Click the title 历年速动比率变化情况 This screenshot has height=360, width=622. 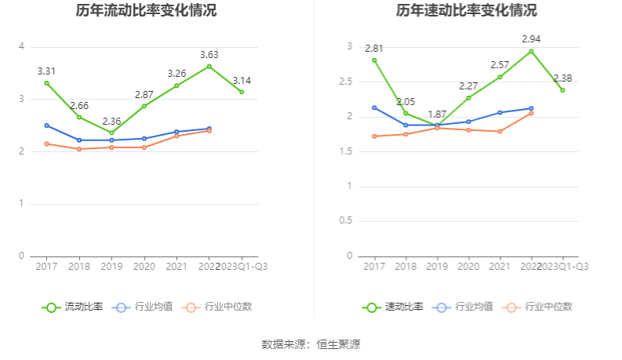(x=467, y=11)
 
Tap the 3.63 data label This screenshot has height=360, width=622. (x=209, y=54)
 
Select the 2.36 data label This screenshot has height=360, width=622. (x=112, y=121)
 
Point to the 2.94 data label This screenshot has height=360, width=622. (x=532, y=38)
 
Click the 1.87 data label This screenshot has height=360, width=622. (x=437, y=114)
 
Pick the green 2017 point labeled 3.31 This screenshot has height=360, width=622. (x=47, y=83)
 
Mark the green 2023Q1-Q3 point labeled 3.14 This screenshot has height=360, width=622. (x=242, y=92)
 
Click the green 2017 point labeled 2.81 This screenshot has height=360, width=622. (x=374, y=60)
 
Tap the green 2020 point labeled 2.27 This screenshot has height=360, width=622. (x=468, y=98)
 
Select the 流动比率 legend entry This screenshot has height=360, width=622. (x=72, y=307)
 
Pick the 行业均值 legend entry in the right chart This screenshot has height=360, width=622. (x=465, y=307)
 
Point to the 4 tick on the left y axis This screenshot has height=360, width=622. (x=21, y=46)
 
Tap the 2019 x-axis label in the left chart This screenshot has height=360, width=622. (x=111, y=267)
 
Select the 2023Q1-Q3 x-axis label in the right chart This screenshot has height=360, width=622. (x=563, y=267)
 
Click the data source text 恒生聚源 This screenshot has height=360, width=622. (x=338, y=344)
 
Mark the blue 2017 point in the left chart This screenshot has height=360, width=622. (x=47, y=125)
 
